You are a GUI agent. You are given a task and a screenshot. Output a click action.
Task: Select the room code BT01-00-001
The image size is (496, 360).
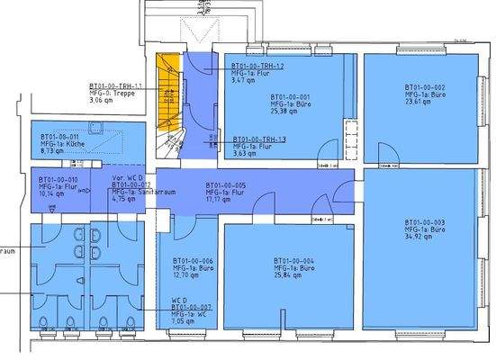pyautogui.click(x=291, y=97)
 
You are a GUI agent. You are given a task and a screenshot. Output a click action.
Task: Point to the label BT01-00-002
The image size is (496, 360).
pyautogui.click(x=425, y=86)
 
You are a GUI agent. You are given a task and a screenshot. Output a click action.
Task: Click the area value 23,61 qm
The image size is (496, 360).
pyautogui.click(x=418, y=103)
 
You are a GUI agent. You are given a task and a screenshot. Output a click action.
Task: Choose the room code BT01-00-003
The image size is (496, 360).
pyautogui.click(x=425, y=221)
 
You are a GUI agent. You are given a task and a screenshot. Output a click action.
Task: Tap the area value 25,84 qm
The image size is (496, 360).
pyautogui.click(x=285, y=276)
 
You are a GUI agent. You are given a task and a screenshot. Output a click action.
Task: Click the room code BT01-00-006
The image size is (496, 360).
pyautogui.click(x=193, y=260)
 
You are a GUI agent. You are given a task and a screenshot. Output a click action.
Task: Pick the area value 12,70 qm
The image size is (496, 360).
pyautogui.click(x=186, y=276)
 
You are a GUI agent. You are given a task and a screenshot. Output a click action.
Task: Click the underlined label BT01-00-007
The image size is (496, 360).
pyautogui.click(x=192, y=306)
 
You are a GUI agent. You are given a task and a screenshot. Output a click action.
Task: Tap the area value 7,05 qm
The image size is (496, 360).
pyautogui.click(x=185, y=320)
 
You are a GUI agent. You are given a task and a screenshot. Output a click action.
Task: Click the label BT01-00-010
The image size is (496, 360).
pyautogui.click(x=58, y=178)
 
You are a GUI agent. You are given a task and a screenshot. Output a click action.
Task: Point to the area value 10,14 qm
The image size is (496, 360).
pyautogui.click(x=51, y=193)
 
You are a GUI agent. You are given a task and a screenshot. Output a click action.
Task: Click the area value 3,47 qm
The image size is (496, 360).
pyautogui.click(x=244, y=82)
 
